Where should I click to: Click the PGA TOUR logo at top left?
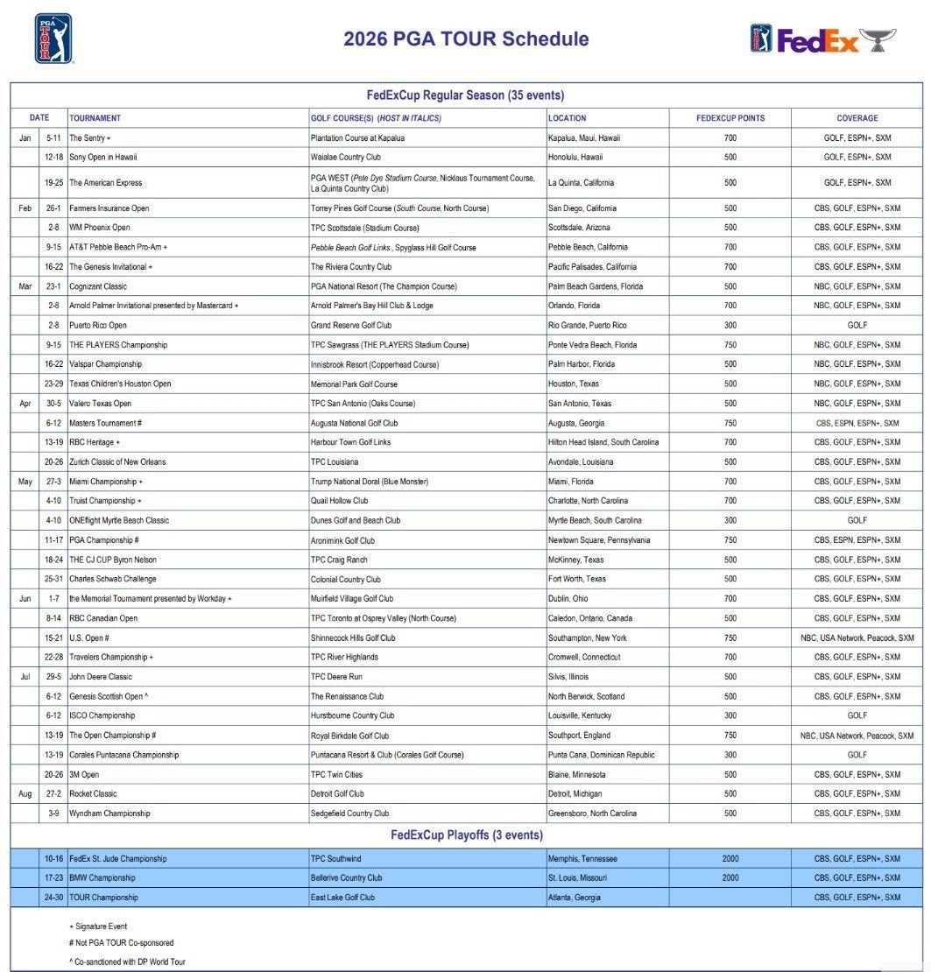coord(53,39)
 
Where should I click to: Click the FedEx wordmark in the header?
coord(817,40)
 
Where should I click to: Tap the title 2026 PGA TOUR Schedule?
coord(466,39)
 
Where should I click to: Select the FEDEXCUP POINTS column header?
coord(730,117)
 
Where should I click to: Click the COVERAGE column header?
coord(857,117)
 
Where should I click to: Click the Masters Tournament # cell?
coord(105,423)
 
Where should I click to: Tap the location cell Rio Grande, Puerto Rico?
coord(588,325)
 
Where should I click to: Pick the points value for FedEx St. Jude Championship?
coord(730,858)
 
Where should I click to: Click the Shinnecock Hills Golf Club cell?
coord(353,637)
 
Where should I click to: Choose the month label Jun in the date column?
coord(25,599)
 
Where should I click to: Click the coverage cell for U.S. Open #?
coord(857,637)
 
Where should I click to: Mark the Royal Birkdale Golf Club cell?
coord(349,736)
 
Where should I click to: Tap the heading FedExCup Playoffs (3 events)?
coord(466,835)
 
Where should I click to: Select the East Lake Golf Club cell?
coord(342,898)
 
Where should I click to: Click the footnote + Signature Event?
coord(97,926)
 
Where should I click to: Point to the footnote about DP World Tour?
coord(127,961)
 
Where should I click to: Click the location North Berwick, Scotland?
coord(586,696)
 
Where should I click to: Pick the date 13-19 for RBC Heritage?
coord(53,442)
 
